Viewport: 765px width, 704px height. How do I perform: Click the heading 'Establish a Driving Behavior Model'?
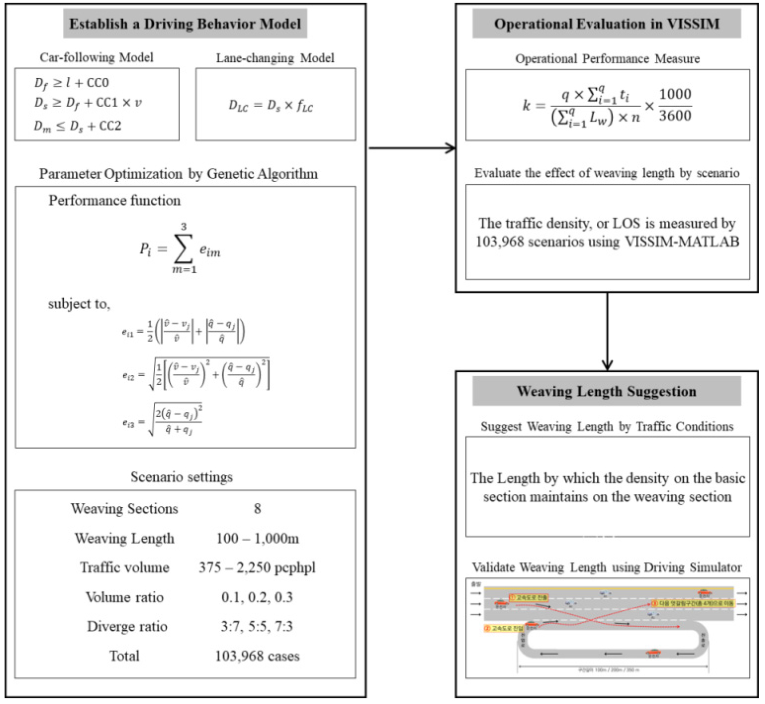[185, 24]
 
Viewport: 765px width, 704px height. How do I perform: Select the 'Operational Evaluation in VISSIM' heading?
[607, 24]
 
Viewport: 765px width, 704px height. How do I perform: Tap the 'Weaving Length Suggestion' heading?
[607, 392]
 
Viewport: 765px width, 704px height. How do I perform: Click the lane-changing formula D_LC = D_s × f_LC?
[271, 105]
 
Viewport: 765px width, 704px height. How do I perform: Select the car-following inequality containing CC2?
[78, 126]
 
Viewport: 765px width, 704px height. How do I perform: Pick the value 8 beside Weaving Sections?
[257, 508]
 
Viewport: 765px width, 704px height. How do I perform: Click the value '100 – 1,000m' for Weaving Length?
[257, 538]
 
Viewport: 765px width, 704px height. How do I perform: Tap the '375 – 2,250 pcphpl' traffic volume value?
[257, 567]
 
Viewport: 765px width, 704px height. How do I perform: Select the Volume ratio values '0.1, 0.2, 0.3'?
[257, 597]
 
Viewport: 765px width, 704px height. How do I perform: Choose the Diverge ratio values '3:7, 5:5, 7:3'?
[257, 626]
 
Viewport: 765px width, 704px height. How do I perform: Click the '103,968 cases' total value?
[257, 656]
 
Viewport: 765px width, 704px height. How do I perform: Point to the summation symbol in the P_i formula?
[183, 250]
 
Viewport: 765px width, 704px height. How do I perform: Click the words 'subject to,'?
[79, 303]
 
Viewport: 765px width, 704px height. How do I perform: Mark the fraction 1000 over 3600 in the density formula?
[675, 105]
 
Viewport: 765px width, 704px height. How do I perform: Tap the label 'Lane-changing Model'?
[275, 58]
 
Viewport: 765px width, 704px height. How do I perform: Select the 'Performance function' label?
[114, 201]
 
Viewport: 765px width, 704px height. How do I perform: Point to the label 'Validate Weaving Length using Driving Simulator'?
[607, 567]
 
